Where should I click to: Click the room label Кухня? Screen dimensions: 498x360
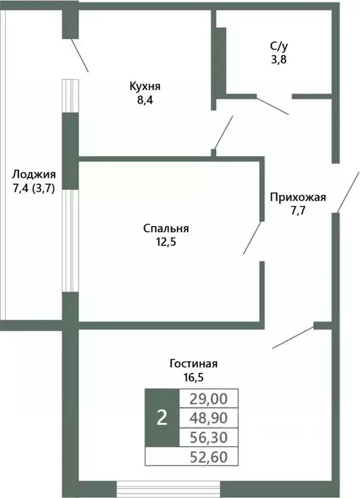point(145,86)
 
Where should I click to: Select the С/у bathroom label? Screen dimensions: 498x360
point(279,47)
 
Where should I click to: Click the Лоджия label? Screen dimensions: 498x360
point(34,174)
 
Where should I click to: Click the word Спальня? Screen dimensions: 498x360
point(166,228)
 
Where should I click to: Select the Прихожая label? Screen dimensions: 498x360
point(298,198)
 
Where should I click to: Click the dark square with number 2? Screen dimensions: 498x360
point(162,418)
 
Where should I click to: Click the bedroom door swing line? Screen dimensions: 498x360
point(253,238)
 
